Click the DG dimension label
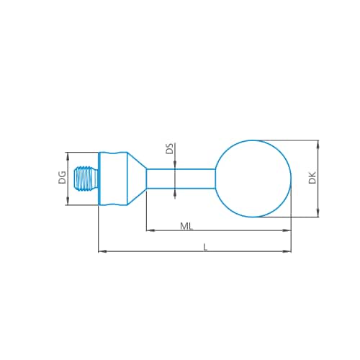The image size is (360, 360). [62, 178]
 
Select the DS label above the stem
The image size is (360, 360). [169, 149]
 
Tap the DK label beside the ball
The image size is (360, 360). [312, 178]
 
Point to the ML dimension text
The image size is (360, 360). [186, 226]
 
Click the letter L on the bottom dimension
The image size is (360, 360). [205, 246]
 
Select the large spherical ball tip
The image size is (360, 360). [253, 179]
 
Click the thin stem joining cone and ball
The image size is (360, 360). [180, 179]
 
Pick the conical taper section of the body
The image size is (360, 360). [135, 179]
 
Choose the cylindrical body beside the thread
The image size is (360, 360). [112, 179]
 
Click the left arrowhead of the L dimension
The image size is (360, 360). [102, 251]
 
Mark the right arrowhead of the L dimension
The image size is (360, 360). [288, 251]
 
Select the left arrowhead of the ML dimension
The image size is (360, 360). [150, 230]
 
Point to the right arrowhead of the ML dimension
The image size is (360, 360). [288, 230]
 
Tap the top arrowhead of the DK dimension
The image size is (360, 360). [318, 144]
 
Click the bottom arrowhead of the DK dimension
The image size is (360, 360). [318, 212]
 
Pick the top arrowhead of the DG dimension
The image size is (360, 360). [67, 156]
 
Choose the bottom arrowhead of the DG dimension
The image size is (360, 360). [67, 202]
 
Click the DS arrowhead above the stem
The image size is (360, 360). [175, 165]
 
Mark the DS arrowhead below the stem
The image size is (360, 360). [175, 192]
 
